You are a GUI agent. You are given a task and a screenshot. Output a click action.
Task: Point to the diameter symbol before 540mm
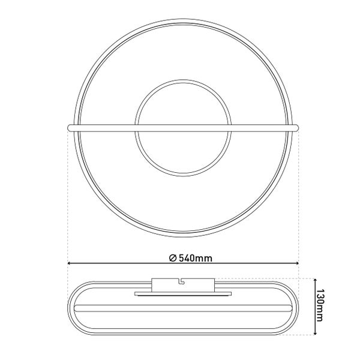[172, 258]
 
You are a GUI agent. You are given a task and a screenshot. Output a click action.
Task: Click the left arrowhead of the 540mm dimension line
[70, 263]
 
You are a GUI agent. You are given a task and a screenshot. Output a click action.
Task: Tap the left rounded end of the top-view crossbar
[70, 127]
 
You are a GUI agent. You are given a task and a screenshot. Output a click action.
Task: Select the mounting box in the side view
[183, 285]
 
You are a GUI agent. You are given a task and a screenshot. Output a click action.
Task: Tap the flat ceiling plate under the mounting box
[183, 294]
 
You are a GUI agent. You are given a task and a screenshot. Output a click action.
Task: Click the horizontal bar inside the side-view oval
[183, 307]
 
